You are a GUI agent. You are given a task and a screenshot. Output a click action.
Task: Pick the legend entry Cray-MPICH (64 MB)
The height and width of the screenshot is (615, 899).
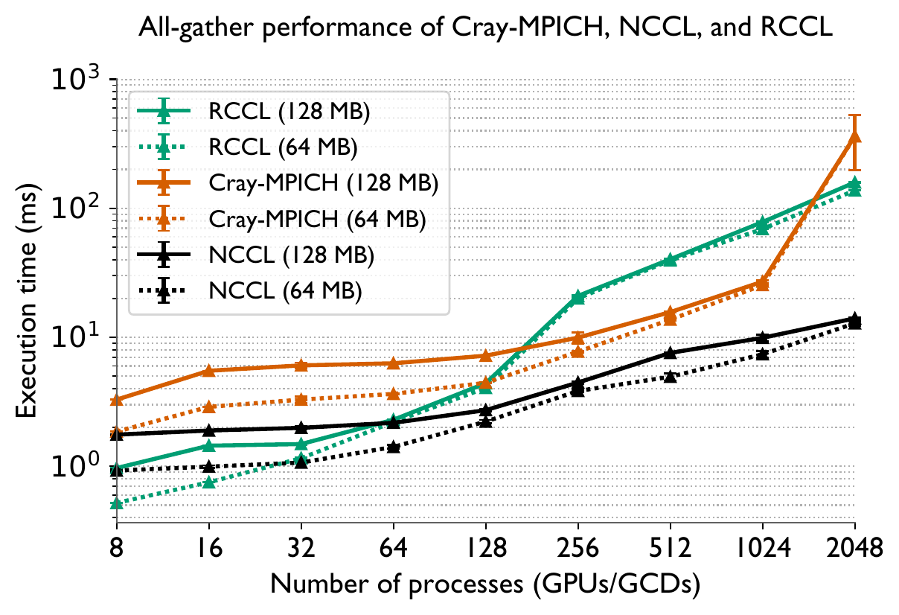tap(319, 220)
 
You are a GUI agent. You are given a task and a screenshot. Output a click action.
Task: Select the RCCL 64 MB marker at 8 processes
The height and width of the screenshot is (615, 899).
tap(116, 504)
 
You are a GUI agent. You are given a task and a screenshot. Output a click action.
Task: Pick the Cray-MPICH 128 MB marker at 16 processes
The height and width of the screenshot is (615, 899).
tap(208, 370)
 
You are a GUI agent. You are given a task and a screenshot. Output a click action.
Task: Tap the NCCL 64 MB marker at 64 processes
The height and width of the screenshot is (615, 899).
tap(393, 447)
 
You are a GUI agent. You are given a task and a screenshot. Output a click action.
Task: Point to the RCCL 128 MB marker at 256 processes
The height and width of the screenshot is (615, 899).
tap(578, 296)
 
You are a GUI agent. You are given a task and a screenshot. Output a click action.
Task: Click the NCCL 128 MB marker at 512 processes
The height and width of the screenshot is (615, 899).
tap(670, 352)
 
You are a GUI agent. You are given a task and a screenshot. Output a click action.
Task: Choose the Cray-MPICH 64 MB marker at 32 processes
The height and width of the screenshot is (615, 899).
tap(301, 400)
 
